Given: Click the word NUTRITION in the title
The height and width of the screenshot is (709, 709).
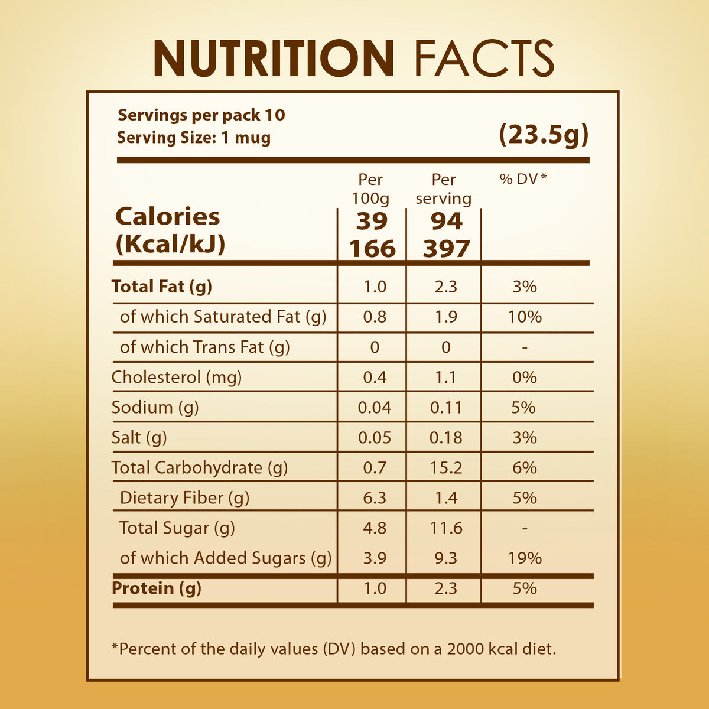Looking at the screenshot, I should click(274, 58).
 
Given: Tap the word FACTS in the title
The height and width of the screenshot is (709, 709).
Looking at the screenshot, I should click(484, 58).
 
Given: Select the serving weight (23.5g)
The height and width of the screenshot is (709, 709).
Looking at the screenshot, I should click(544, 135).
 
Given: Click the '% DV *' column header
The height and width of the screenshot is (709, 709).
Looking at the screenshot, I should click(523, 179).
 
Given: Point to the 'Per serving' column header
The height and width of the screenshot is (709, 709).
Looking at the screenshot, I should click(444, 188).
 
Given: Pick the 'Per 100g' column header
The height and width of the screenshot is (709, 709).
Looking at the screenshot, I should click(370, 188).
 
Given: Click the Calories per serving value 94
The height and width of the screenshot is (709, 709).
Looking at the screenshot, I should click(446, 221).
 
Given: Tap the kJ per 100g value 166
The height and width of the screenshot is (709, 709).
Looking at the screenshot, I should click(372, 248).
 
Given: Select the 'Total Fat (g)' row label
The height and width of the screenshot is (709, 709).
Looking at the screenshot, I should click(162, 287).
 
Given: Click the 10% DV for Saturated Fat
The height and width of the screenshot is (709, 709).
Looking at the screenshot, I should click(525, 317).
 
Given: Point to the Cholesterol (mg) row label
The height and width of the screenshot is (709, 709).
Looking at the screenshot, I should click(177, 377).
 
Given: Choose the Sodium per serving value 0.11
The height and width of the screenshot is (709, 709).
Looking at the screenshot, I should click(446, 407).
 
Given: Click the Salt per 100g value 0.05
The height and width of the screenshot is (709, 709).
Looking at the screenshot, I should click(375, 437).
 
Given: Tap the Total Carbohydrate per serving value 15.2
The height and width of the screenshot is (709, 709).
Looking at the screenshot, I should click(446, 467).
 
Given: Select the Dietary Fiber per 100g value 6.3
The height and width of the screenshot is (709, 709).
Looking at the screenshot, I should click(375, 497).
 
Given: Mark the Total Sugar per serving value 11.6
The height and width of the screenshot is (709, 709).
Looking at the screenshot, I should click(446, 528).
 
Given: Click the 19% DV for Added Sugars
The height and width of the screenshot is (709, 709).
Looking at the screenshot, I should click(525, 558).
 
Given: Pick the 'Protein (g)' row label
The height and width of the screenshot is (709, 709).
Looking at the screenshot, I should click(157, 588).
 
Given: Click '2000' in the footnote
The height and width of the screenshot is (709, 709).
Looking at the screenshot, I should click(466, 649).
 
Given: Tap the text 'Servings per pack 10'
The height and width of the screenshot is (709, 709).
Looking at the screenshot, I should click(201, 115).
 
